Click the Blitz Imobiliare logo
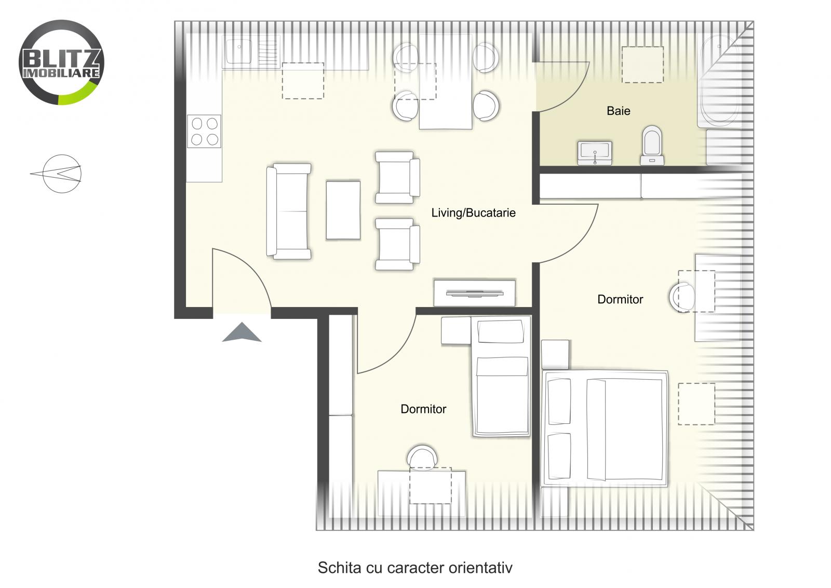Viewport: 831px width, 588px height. tap(61, 62)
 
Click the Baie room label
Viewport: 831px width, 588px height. tap(618, 111)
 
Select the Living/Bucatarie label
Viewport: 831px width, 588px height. tap(473, 212)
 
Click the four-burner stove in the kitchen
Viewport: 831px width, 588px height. tap(204, 131)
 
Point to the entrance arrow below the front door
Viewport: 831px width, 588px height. tap(242, 332)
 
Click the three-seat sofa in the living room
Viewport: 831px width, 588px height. tap(289, 211)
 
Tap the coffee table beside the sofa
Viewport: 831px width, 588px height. tap(343, 210)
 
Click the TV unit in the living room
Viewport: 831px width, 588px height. tap(474, 293)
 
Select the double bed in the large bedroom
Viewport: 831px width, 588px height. tap(605, 428)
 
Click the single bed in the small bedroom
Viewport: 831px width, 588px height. tap(501, 377)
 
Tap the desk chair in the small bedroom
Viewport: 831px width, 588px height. tap(422, 457)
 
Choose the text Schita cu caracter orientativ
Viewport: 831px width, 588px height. tap(414, 567)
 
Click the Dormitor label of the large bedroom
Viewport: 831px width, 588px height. tap(620, 299)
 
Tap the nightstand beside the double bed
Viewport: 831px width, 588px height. tap(555, 354)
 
